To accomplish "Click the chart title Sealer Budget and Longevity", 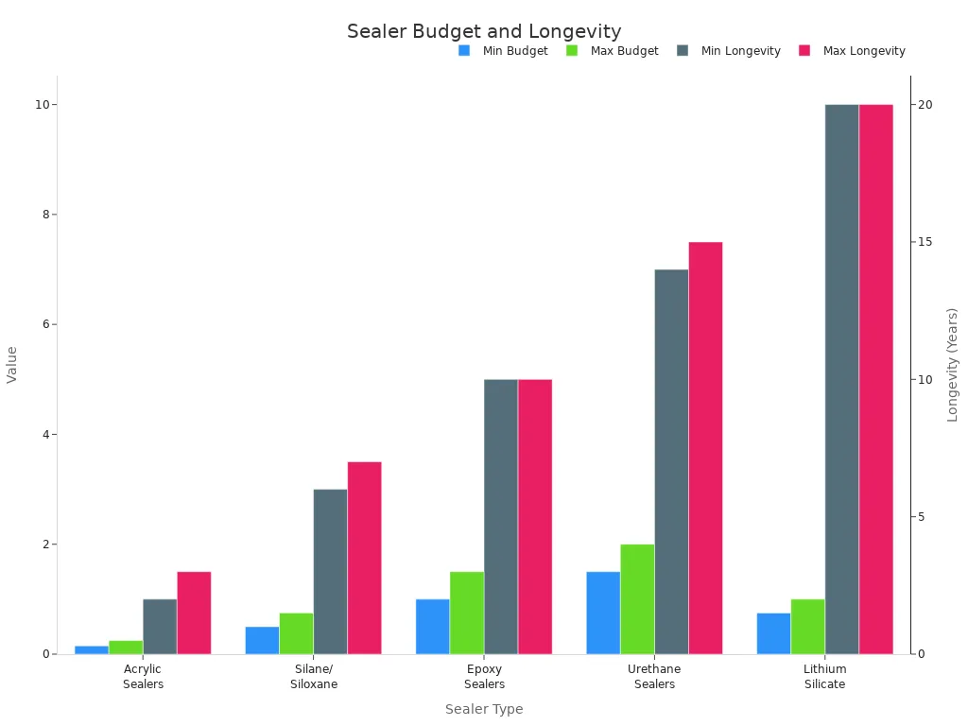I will [x=484, y=31].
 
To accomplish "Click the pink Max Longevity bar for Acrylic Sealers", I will [x=194, y=613].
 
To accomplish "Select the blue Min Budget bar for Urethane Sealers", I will [x=603, y=613].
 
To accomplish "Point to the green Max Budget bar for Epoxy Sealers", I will [x=467, y=613].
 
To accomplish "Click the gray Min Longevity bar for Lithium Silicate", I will [x=841, y=378].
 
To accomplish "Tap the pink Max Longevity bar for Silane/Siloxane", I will [x=364, y=558].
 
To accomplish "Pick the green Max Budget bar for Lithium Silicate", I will [x=807, y=626].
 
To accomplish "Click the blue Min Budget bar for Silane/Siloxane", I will [x=262, y=640].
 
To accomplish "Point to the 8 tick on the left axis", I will [x=42, y=215].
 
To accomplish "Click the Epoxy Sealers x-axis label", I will [x=484, y=677].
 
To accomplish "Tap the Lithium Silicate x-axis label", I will [x=824, y=677].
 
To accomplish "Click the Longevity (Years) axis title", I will [x=953, y=364].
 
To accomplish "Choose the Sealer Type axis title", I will [x=484, y=709].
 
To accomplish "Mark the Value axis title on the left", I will [x=12, y=364].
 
